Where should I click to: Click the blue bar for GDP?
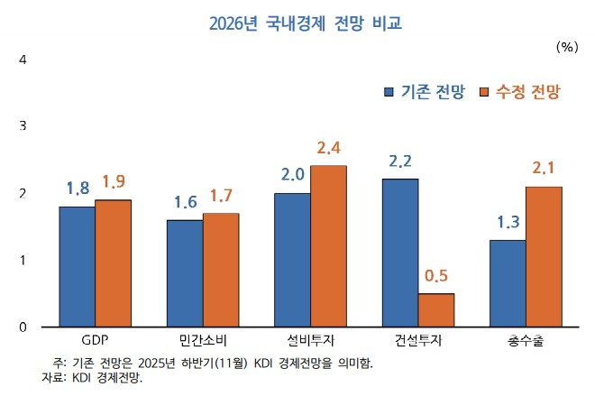pos(78,266)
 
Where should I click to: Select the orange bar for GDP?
pos(114,262)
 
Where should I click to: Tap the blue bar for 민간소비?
pos(185,272)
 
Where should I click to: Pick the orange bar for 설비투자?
pos(328,245)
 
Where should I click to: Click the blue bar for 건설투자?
pos(400,253)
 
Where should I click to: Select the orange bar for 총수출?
pos(544,256)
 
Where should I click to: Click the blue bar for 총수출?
pos(508,282)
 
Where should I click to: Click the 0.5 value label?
pos(435,276)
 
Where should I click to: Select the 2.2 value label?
pos(400,162)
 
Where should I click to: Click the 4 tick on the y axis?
pos(23,60)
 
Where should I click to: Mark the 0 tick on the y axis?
pos(23,327)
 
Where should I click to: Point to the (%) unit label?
pos(567,44)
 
